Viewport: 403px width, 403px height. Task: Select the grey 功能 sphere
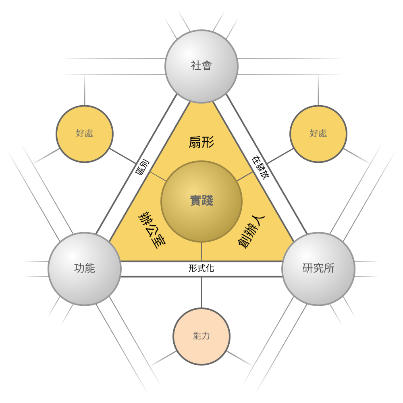tap(85, 269)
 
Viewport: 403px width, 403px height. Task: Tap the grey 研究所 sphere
tap(318, 269)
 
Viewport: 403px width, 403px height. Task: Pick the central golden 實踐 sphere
tap(201, 201)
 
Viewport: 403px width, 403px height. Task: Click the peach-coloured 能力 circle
tap(201, 337)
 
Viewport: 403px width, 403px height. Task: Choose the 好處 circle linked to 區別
tap(85, 134)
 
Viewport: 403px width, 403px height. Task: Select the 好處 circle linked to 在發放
tap(318, 134)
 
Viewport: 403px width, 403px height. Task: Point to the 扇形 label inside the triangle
tap(201, 142)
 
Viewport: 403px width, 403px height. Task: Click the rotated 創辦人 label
tap(251, 232)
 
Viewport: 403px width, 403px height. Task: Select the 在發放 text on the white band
tap(261, 168)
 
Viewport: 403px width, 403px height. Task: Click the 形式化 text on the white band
tap(201, 269)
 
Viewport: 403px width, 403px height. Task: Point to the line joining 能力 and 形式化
tap(201, 293)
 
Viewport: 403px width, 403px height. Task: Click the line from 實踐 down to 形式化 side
tap(201, 251)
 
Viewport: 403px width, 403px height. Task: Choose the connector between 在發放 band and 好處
tap(280, 156)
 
